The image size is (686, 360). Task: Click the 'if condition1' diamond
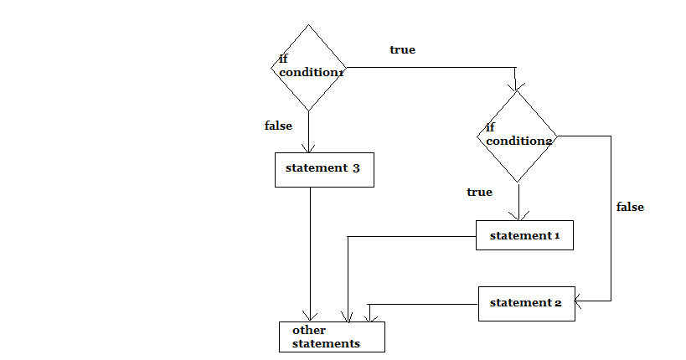pos(310,67)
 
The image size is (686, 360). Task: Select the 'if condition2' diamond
pos(518,136)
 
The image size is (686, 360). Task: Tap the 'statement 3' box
pos(324,169)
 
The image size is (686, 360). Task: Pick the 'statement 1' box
pos(524,235)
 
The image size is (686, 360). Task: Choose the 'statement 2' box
pos(526,302)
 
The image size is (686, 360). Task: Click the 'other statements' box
pos(332,337)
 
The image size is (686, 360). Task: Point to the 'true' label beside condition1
pos(402,50)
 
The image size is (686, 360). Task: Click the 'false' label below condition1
pos(278,126)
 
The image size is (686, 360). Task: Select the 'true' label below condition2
pos(479,193)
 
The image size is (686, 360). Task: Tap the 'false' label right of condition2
pos(630,207)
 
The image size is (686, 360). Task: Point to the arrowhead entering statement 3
pos(310,148)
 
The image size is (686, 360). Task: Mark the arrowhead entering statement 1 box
pos(519,216)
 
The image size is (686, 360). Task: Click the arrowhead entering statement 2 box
pos(580,300)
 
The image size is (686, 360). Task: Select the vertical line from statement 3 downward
pos(311,251)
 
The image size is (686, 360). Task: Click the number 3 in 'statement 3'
pos(356,168)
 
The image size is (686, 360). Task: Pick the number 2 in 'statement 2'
pos(558,302)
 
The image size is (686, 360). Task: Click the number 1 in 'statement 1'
pos(556,235)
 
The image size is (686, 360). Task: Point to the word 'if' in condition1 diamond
pos(283,59)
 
